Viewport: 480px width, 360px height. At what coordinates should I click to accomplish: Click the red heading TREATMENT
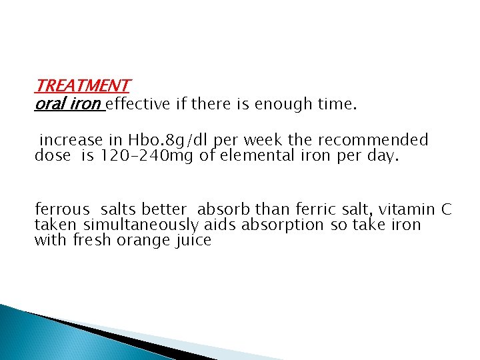click(x=82, y=86)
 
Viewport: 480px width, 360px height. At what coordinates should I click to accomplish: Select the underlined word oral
click(x=49, y=104)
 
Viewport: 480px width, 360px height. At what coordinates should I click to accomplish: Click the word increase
click(x=71, y=141)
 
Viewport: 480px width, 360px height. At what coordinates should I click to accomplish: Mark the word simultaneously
click(x=141, y=225)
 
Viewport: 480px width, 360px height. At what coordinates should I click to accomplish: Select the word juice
click(x=195, y=240)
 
